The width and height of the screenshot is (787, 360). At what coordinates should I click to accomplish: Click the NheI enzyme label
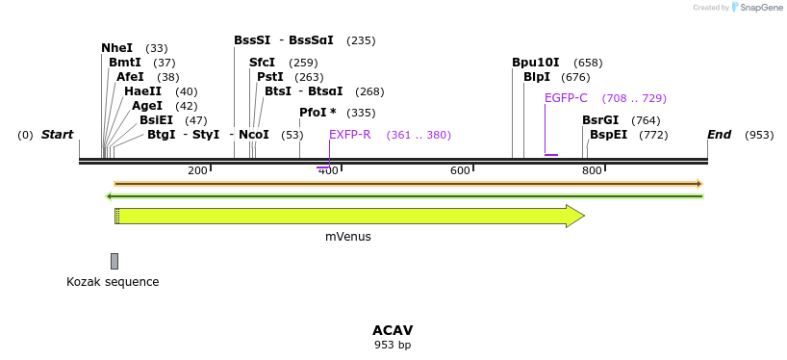pyautogui.click(x=116, y=48)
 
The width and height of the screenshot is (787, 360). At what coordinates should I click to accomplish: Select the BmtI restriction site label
pyautogui.click(x=125, y=63)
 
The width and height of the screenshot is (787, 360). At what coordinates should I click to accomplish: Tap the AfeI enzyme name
pyautogui.click(x=130, y=77)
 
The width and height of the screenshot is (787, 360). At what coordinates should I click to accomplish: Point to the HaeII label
pyautogui.click(x=142, y=91)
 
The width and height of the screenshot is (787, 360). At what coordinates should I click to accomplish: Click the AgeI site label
pyautogui.click(x=147, y=106)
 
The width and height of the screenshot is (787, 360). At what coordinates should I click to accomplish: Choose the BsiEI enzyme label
pyautogui.click(x=156, y=120)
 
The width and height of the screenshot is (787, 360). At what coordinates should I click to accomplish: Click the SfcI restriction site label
pyautogui.click(x=262, y=63)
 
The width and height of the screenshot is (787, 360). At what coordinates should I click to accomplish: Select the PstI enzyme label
pyautogui.click(x=269, y=77)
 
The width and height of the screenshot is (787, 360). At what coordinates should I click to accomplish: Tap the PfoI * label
pyautogui.click(x=317, y=113)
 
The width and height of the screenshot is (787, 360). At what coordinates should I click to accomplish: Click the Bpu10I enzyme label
pyautogui.click(x=535, y=63)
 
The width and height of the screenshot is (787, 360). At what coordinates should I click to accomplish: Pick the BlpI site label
pyautogui.click(x=536, y=77)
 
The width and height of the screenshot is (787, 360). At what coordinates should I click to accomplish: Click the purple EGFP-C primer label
pyautogui.click(x=566, y=98)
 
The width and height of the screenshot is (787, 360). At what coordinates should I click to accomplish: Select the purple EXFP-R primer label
pyautogui.click(x=349, y=135)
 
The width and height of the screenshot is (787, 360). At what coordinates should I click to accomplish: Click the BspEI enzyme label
pyautogui.click(x=608, y=135)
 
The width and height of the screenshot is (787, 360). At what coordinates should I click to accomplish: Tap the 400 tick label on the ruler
pyautogui.click(x=329, y=170)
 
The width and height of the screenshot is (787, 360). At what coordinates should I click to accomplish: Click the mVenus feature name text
pyautogui.click(x=347, y=236)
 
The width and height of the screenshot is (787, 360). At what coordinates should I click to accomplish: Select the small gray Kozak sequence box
pyautogui.click(x=114, y=261)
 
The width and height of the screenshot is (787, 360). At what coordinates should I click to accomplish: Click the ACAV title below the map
pyautogui.click(x=393, y=330)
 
